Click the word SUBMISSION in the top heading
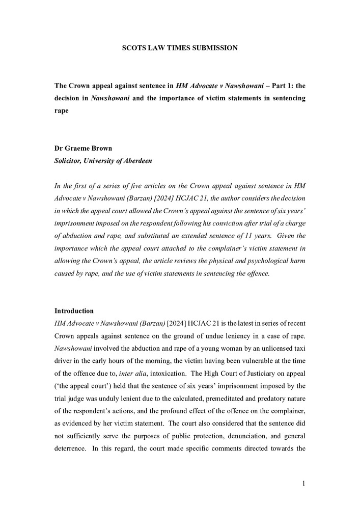pos(214,48)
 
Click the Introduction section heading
pos(74,310)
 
